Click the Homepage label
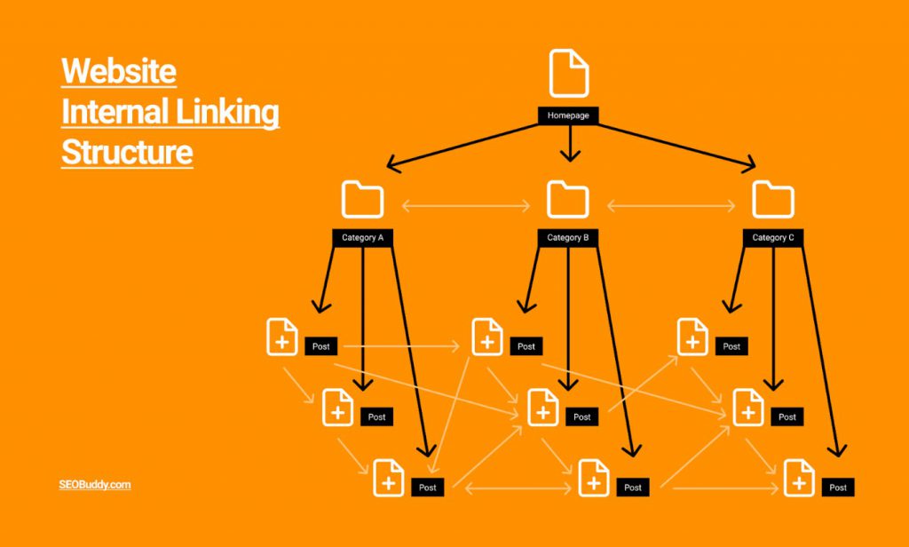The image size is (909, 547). [x=568, y=115]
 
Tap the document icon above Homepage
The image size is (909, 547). [x=568, y=74]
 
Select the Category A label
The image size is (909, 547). [x=362, y=238]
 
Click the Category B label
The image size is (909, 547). [x=568, y=238]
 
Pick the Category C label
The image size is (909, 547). [x=773, y=238]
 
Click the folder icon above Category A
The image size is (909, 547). [x=362, y=200]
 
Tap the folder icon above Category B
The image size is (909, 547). [x=568, y=200]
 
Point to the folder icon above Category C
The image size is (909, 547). [x=773, y=200]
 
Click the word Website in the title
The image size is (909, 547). [x=119, y=71]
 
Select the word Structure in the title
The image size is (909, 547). [x=126, y=152]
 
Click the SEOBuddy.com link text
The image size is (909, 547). [x=96, y=485]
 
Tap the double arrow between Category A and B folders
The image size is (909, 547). [x=465, y=207]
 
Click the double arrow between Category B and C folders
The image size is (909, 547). [x=671, y=207]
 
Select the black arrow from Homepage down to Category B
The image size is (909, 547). [x=568, y=142]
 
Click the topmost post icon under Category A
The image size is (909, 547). [x=282, y=337]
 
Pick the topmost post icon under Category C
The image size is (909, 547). [x=692, y=337]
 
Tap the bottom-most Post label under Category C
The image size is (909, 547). [x=837, y=488]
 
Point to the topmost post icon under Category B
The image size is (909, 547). [x=487, y=337]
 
